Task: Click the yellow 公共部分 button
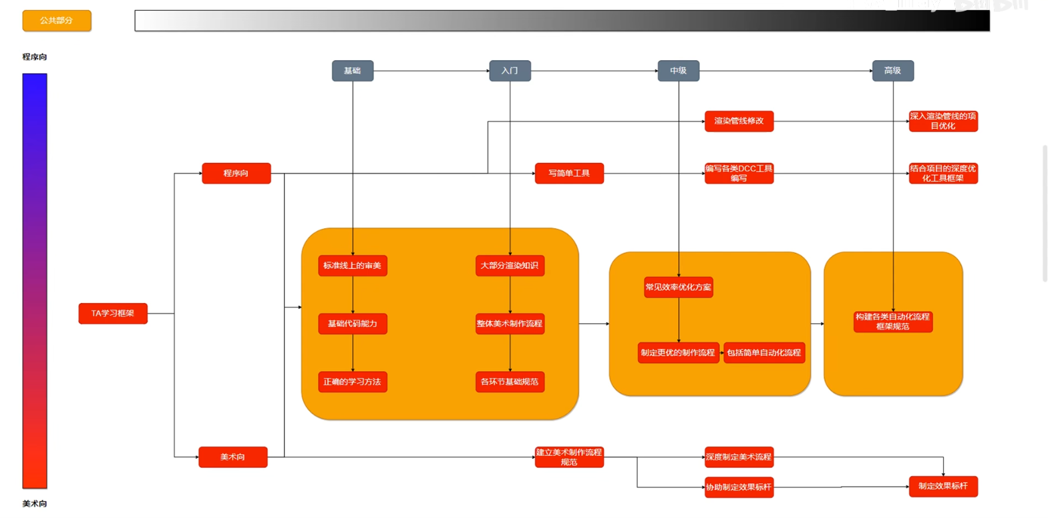tap(57, 21)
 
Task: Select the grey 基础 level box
tap(353, 71)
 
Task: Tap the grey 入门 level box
tap(510, 71)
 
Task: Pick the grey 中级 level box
tap(678, 71)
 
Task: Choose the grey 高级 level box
tap(892, 71)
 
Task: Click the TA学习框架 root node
tap(113, 313)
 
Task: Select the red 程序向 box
tap(236, 174)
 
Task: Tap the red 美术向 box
tap(232, 457)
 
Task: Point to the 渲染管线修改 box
tap(739, 121)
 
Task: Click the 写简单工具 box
tap(569, 174)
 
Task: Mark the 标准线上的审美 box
tap(353, 266)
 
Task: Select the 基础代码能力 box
tap(353, 324)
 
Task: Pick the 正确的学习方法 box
tap(353, 382)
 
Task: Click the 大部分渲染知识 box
tap(510, 266)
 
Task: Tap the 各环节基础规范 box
tap(510, 382)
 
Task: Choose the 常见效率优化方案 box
tap(678, 287)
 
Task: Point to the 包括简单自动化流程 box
tap(764, 352)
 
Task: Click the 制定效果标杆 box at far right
tap(943, 486)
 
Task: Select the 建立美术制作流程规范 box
tap(569, 457)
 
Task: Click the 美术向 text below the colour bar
tap(35, 504)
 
